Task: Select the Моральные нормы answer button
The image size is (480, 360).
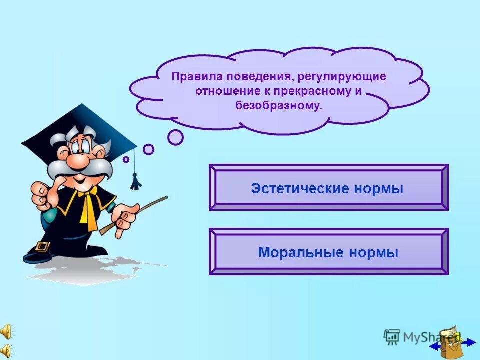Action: pos(328,252)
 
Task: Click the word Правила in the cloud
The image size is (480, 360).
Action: pos(196,78)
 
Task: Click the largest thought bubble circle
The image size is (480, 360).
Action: pos(175,137)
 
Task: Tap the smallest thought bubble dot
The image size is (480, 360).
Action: pos(126,159)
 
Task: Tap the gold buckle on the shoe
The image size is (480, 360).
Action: pos(44,247)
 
